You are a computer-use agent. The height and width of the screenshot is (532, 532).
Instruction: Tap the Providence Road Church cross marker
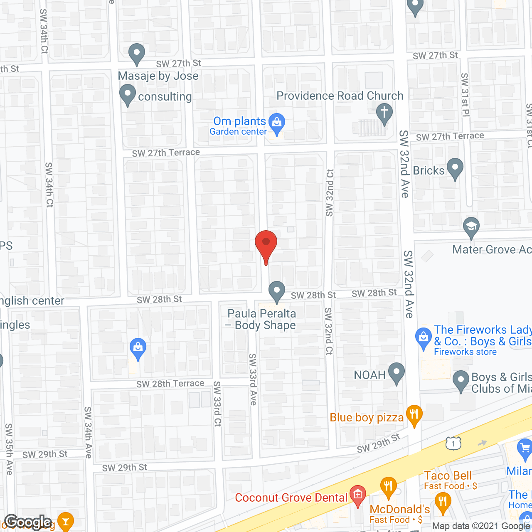point(384,113)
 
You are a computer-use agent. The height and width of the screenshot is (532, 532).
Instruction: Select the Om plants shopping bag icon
point(276,122)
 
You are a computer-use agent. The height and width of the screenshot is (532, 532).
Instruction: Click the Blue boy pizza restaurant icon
point(414,415)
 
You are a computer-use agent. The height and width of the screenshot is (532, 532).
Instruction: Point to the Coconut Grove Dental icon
point(357,495)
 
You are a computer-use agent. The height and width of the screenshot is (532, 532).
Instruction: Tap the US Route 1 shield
point(453,443)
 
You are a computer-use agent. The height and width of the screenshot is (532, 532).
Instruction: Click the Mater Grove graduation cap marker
point(471,227)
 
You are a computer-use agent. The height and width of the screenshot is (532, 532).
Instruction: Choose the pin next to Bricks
point(455,168)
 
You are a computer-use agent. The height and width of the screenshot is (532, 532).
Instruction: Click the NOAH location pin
point(396,372)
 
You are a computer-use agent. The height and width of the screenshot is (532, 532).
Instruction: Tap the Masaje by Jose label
point(158,76)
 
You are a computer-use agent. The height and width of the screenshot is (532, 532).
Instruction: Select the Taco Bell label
point(448,475)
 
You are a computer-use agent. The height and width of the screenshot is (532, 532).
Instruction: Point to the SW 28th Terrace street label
point(170,384)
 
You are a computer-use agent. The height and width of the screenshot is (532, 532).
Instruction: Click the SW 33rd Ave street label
point(253,379)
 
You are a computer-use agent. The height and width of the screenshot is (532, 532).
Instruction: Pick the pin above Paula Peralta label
point(276,291)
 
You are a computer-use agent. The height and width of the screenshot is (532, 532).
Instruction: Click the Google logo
point(28,522)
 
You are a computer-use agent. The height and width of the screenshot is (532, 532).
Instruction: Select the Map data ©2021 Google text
point(481,526)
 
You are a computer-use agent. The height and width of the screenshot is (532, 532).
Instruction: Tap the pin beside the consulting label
point(128,94)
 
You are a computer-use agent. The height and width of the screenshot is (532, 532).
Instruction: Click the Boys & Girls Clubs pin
point(461,380)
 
